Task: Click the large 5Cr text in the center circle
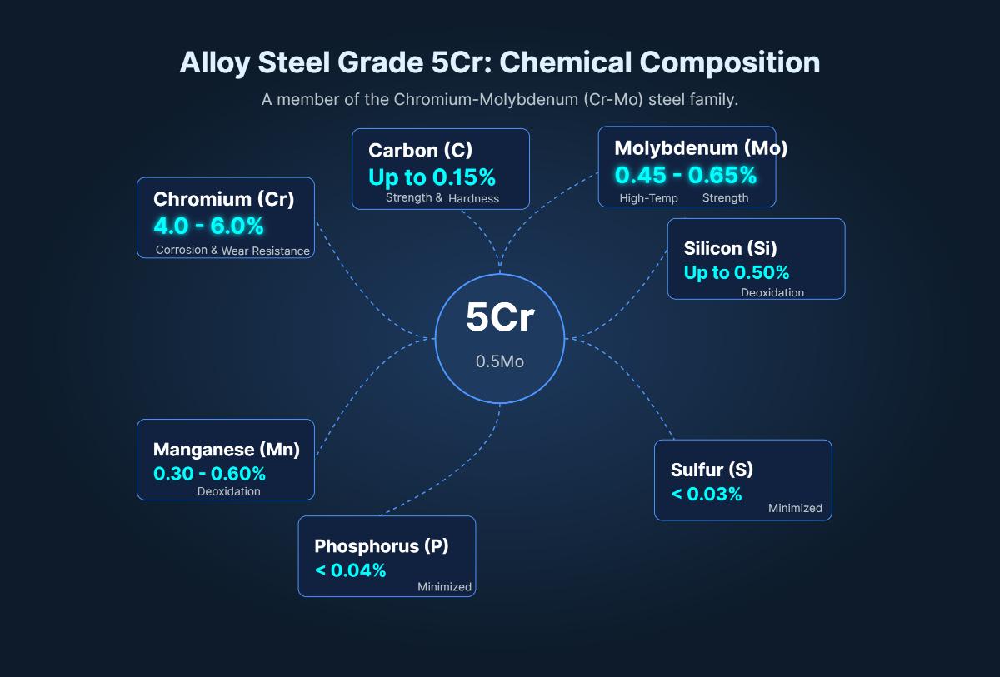[x=500, y=318]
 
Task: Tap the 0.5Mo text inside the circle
[x=500, y=362]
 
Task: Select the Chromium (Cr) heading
[x=223, y=199]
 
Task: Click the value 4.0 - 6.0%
[x=208, y=226]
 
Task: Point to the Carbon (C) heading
[x=420, y=150]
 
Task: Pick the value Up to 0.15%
[x=432, y=177]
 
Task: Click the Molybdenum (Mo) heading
[x=701, y=148]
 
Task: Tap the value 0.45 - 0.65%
[x=686, y=175]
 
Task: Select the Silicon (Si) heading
[x=730, y=247]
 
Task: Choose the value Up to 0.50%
[x=737, y=272]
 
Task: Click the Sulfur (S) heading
[x=712, y=470]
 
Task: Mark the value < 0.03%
[x=706, y=494]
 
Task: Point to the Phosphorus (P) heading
[x=381, y=546]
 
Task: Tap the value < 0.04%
[x=350, y=570]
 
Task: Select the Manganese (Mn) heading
[x=226, y=450]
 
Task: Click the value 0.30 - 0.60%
[x=209, y=474]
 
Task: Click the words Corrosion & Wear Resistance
[x=232, y=251]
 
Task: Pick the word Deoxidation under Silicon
[x=772, y=293]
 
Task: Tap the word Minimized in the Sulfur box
[x=795, y=508]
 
